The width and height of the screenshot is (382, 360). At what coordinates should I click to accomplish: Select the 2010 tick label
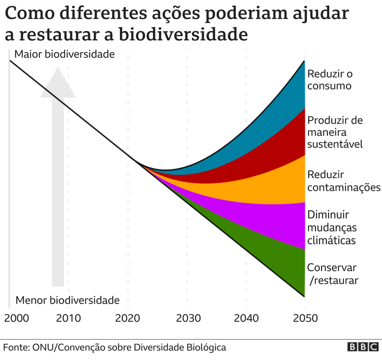tap(69, 318)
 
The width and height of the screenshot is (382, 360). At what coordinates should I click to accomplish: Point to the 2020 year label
tap(128, 318)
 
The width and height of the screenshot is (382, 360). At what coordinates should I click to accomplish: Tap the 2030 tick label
tap(187, 318)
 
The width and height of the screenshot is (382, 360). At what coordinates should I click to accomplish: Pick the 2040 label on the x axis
tap(246, 318)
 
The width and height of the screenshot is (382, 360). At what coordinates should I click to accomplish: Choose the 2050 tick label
tap(305, 318)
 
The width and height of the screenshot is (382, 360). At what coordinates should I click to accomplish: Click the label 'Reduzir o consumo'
tap(330, 80)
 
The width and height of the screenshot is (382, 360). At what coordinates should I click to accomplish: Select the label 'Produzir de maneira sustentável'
tap(335, 132)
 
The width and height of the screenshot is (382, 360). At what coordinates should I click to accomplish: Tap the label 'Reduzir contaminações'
tap(344, 181)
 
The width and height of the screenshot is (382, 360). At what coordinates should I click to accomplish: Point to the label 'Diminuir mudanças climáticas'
tap(332, 228)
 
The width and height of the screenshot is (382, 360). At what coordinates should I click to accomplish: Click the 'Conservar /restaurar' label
tap(332, 274)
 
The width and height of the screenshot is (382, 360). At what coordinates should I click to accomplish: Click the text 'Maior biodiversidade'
tap(64, 54)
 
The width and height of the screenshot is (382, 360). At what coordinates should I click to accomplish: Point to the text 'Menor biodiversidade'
tap(68, 300)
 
